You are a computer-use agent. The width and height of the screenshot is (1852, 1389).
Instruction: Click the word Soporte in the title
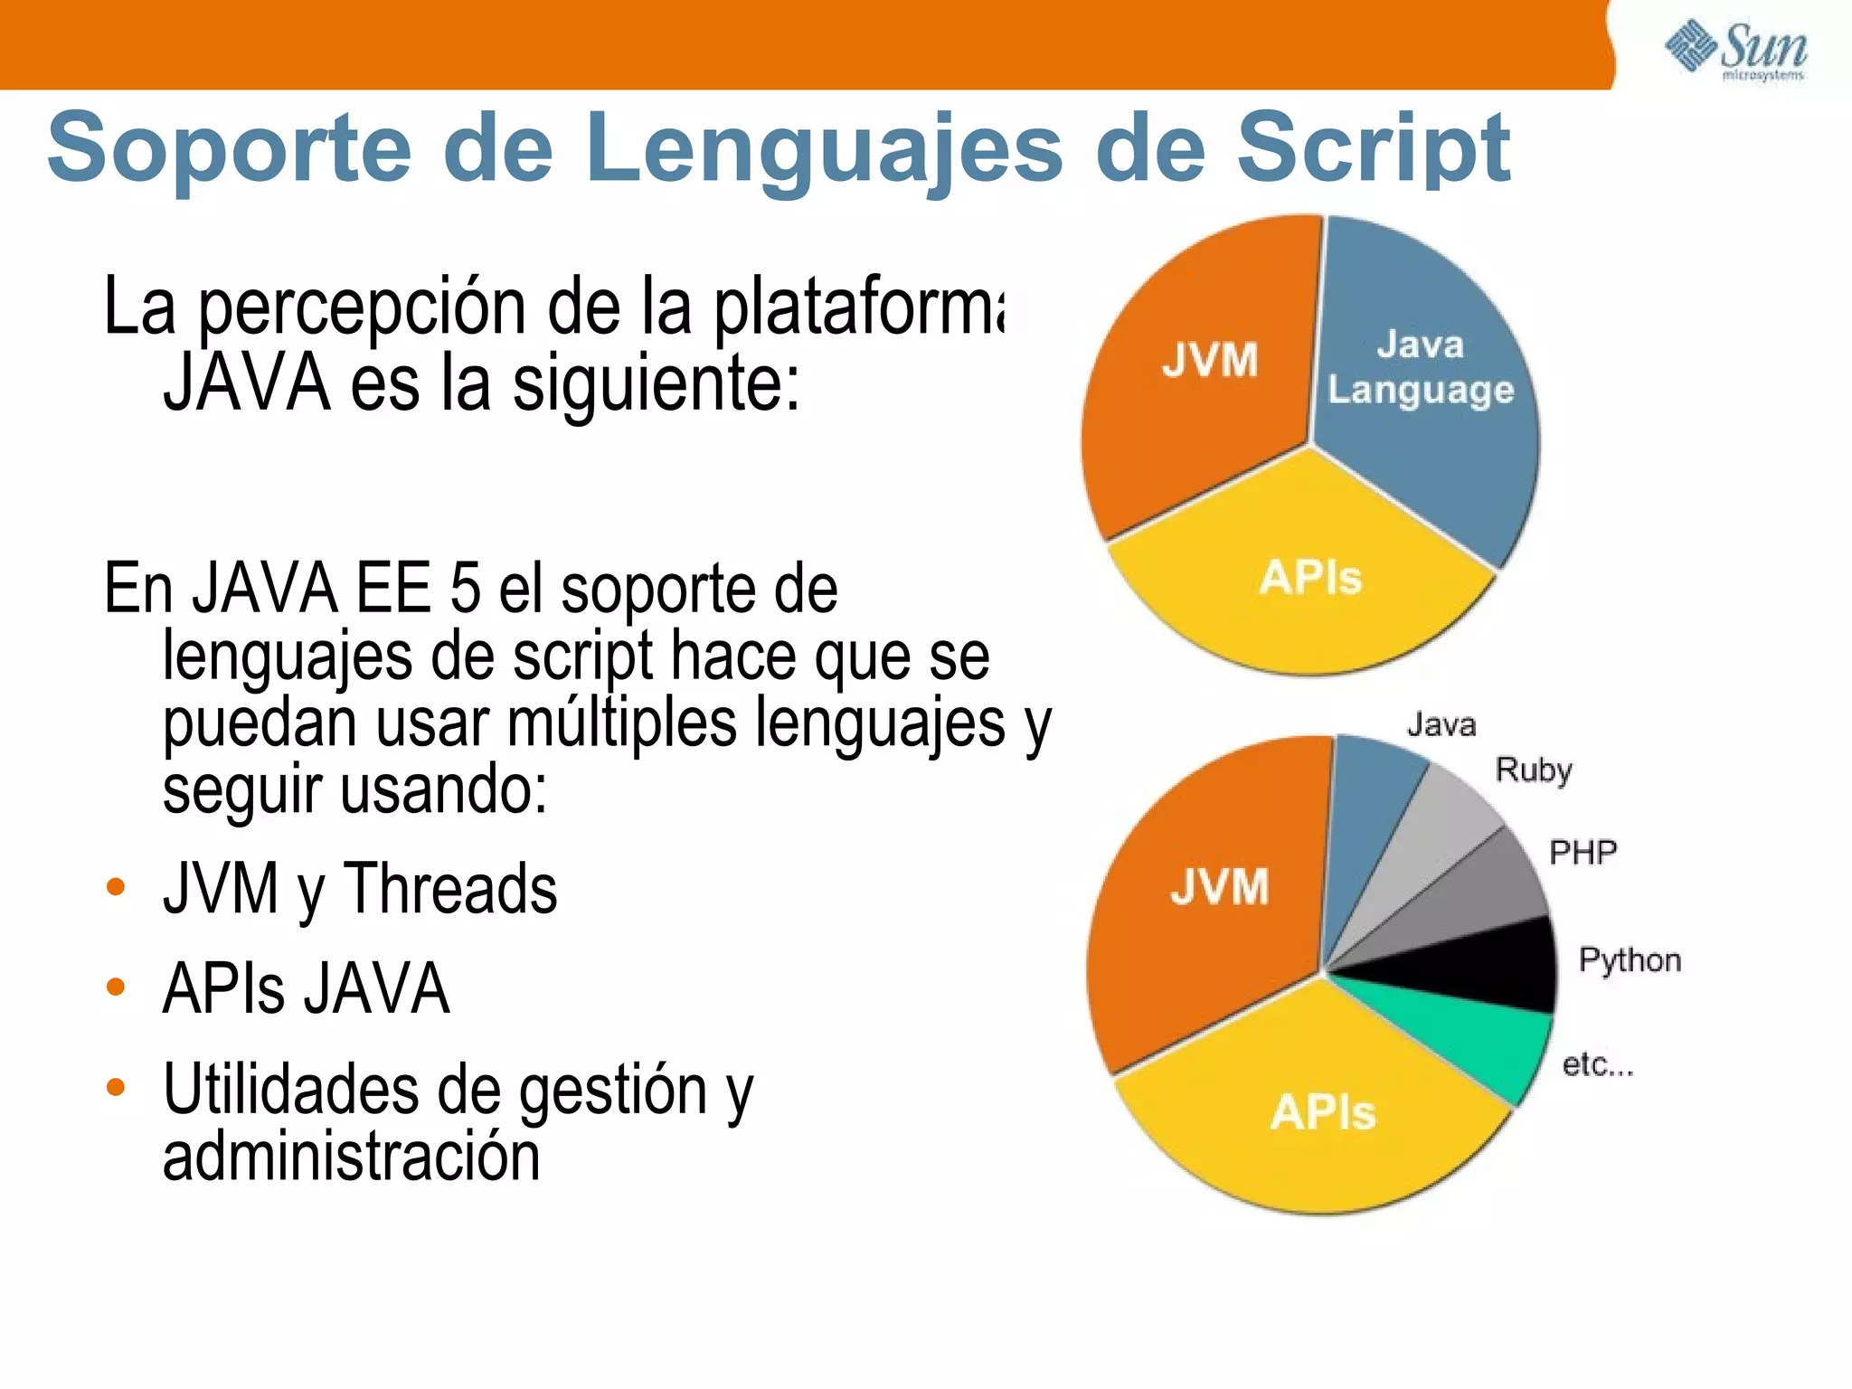coord(231,147)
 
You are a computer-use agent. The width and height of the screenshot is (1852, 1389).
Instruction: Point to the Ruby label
coord(1534,770)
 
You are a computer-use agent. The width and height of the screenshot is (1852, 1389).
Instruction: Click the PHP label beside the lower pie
coord(1583,852)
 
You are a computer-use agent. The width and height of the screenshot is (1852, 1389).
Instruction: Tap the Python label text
coord(1630,960)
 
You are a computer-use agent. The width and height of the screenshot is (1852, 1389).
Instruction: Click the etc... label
coord(1598,1064)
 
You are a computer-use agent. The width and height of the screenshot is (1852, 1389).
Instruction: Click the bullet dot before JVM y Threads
coord(115,886)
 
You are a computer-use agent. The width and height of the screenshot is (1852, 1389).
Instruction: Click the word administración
coord(351,1157)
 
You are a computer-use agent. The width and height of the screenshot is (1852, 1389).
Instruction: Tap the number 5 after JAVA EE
coord(465,589)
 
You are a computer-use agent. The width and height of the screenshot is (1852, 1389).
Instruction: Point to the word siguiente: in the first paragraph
coord(657,383)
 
